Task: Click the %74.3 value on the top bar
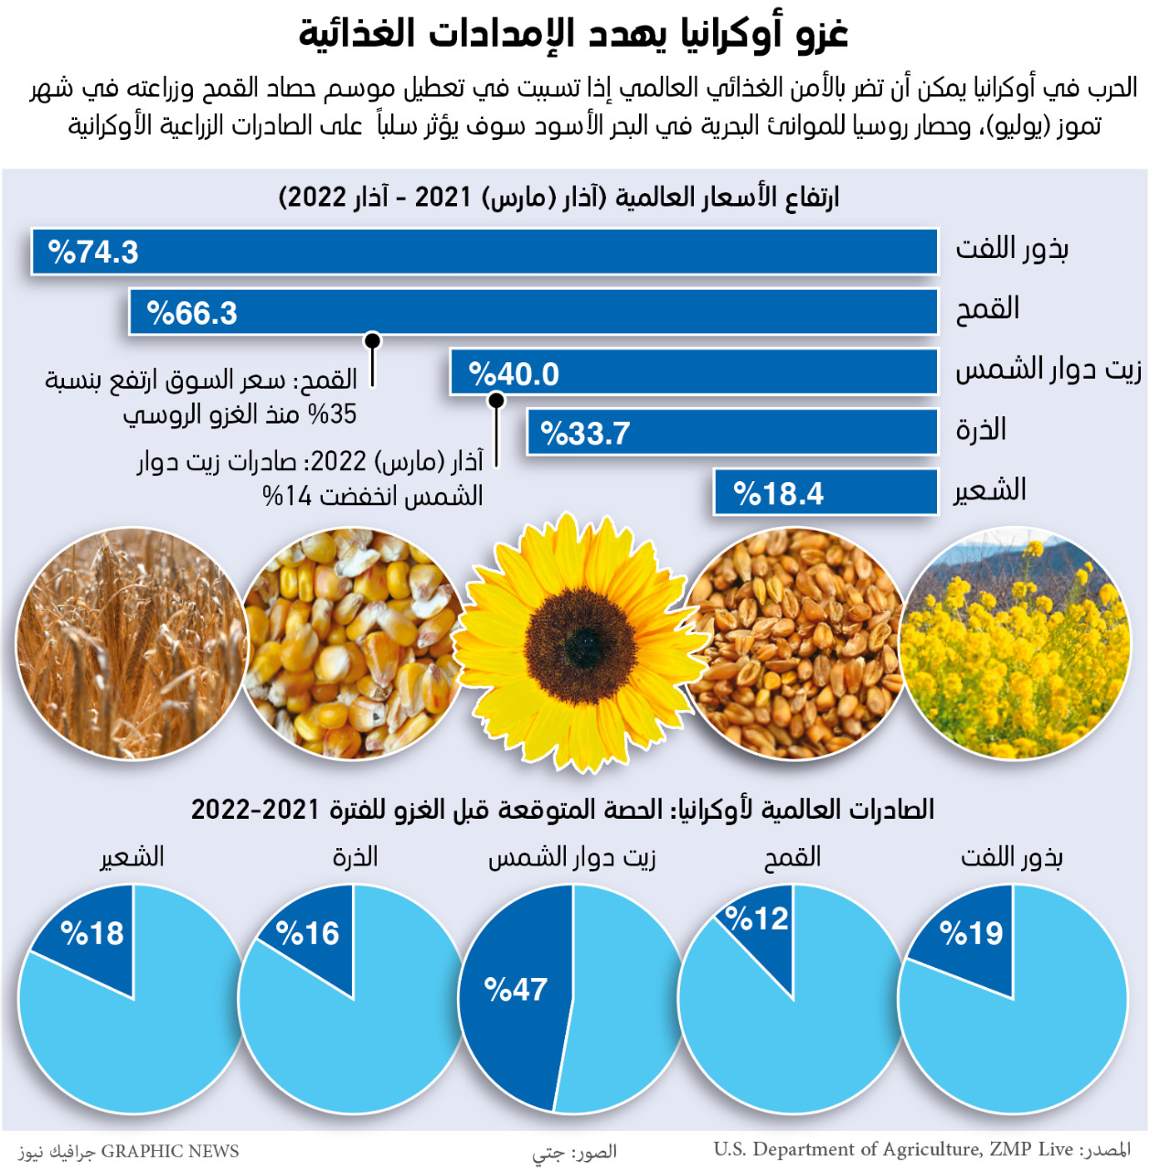coord(93,252)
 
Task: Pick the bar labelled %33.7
coord(731,433)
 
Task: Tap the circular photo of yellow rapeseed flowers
coord(1015,644)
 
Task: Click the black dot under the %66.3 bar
coord(372,341)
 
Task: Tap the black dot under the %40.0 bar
coord(496,401)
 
